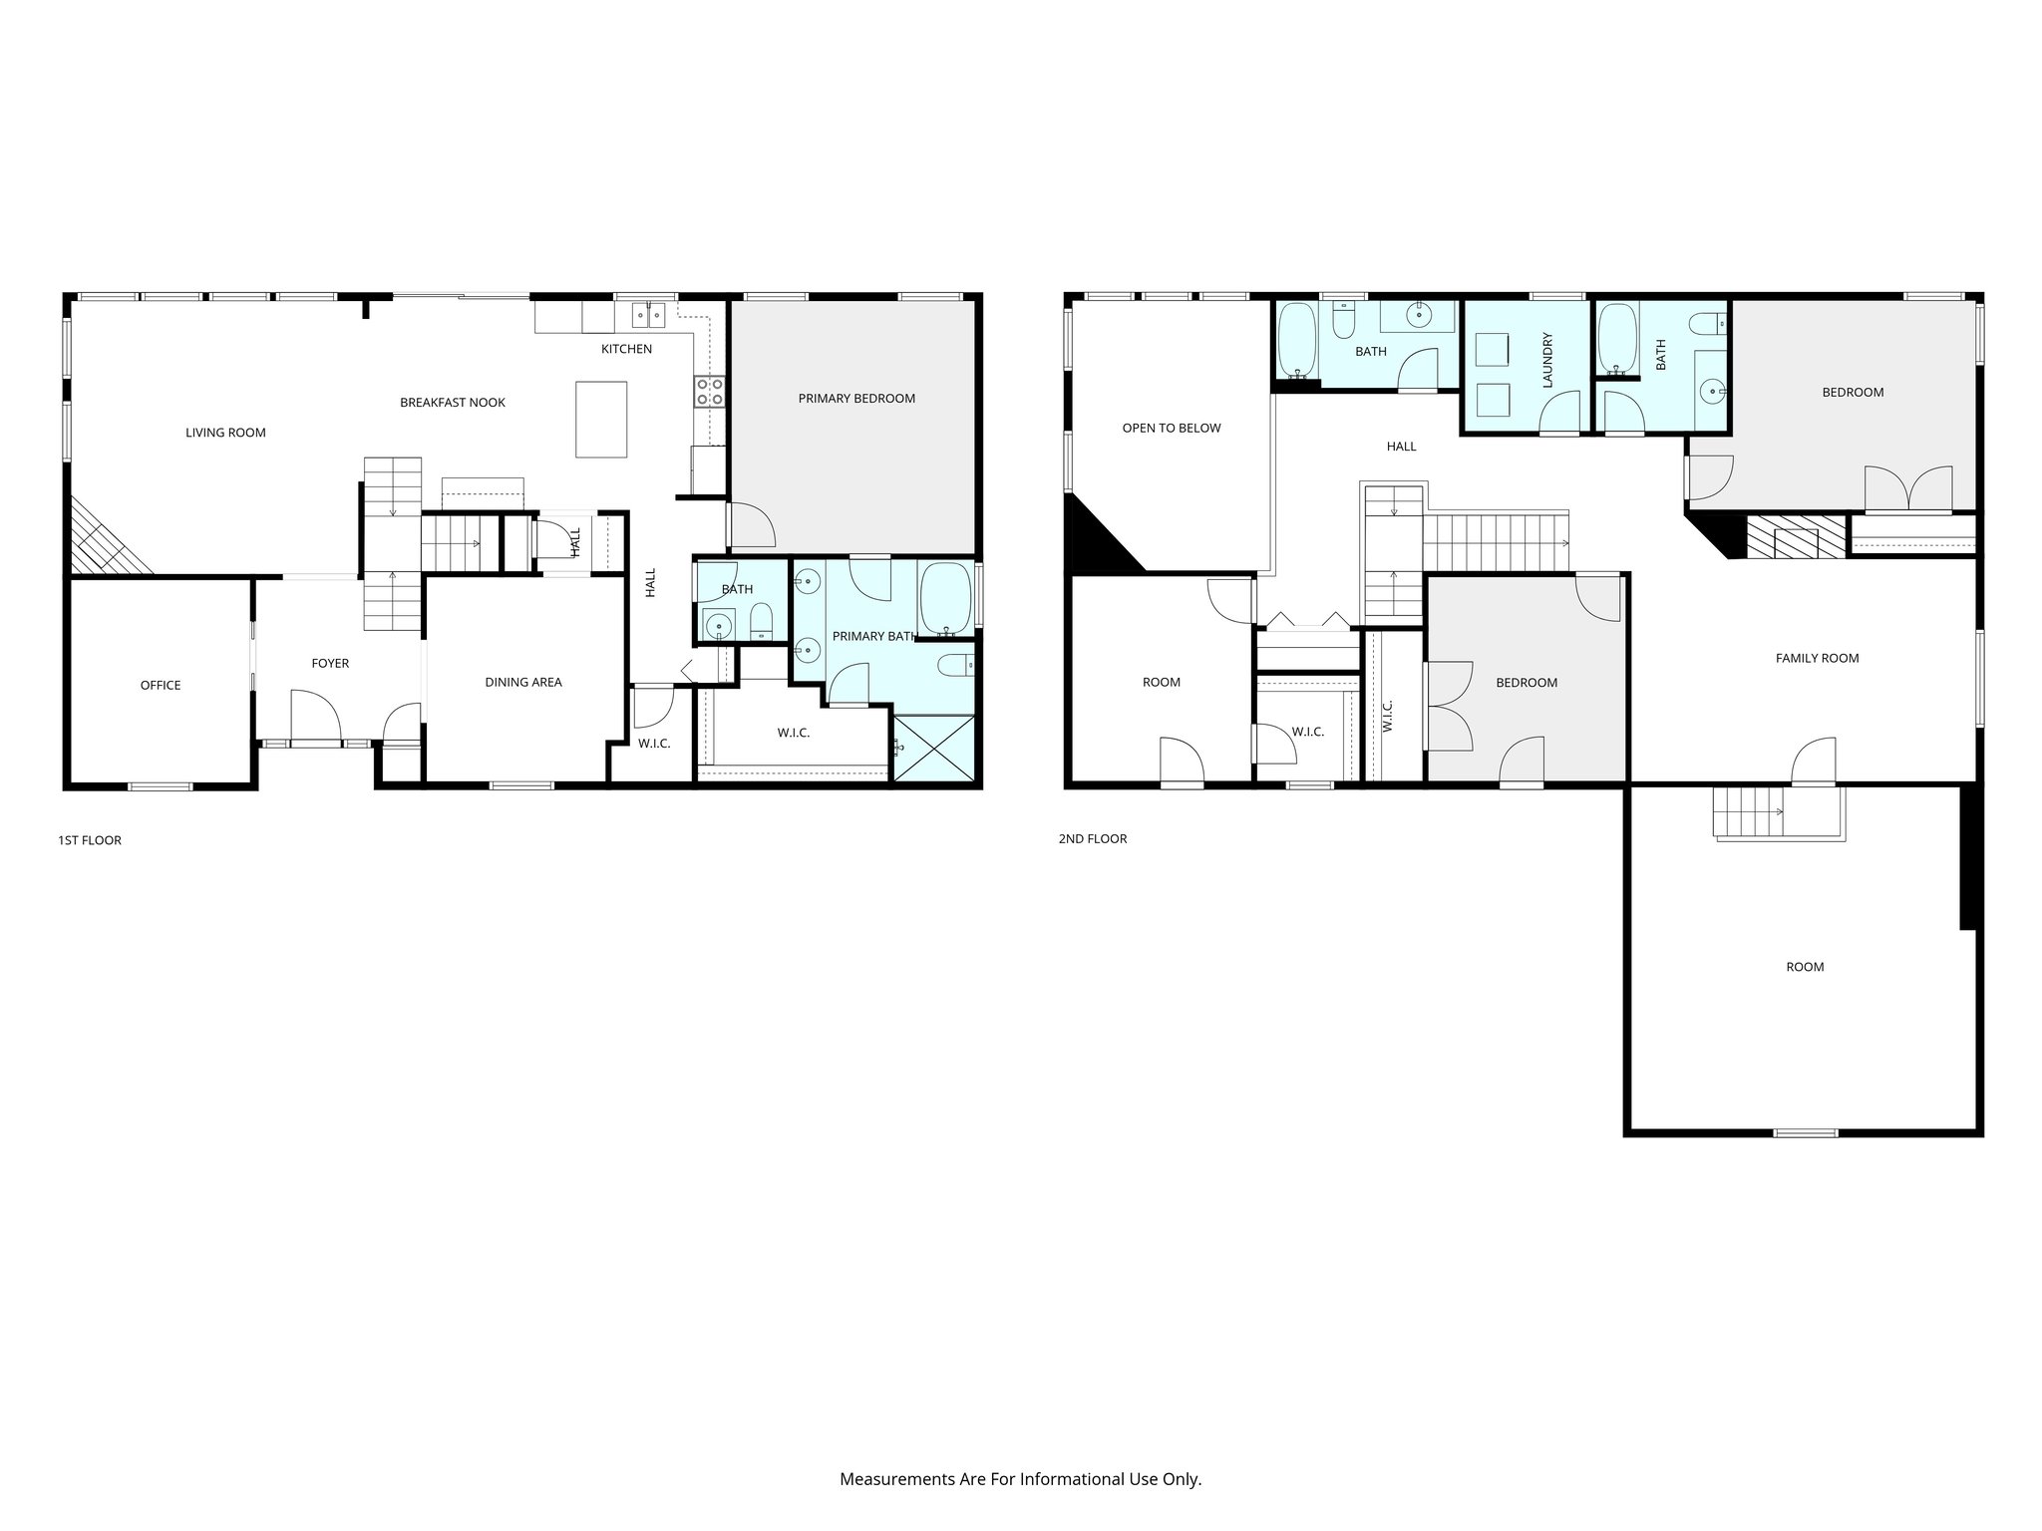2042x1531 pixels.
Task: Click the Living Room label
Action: pyautogui.click(x=225, y=433)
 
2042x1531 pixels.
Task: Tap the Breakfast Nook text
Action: pyautogui.click(x=453, y=403)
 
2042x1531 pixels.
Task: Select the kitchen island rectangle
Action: pyautogui.click(x=601, y=419)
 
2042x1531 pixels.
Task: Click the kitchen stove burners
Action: pyautogui.click(x=710, y=392)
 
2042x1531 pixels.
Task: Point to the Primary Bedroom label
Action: pyautogui.click(x=856, y=399)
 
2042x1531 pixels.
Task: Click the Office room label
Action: pyautogui.click(x=161, y=686)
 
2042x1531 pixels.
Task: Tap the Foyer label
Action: pyautogui.click(x=330, y=664)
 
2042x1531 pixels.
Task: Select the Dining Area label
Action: pyautogui.click(x=523, y=683)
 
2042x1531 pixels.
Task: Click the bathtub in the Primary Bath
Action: pyautogui.click(x=945, y=599)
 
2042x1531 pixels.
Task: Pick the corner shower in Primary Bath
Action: pyautogui.click(x=933, y=748)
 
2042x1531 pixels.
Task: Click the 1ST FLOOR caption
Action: pyautogui.click(x=90, y=840)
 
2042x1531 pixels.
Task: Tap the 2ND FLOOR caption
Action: pyautogui.click(x=1093, y=839)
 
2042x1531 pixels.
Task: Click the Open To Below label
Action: pyautogui.click(x=1172, y=429)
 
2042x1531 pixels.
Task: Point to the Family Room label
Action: pyautogui.click(x=1817, y=659)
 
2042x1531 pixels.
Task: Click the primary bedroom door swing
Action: pyautogui.click(x=750, y=525)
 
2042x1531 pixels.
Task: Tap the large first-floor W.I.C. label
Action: pyautogui.click(x=794, y=734)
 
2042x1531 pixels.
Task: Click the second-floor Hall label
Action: pyautogui.click(x=1401, y=447)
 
